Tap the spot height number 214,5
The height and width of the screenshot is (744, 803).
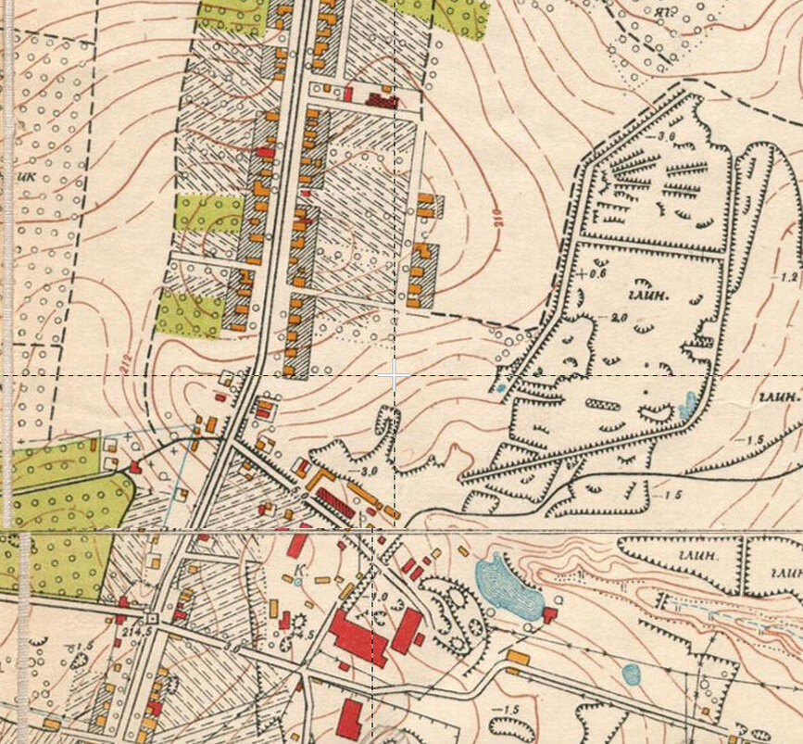pyautogui.click(x=137, y=629)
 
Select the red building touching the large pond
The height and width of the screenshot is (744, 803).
pyautogui.click(x=550, y=613)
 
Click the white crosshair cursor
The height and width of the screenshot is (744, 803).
pyautogui.click(x=395, y=374)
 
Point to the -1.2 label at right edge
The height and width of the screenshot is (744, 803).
pyautogui.click(x=787, y=277)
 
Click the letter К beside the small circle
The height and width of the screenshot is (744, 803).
pyautogui.click(x=298, y=568)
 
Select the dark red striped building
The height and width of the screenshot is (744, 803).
pyautogui.click(x=335, y=505)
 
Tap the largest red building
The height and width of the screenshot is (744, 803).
pyautogui.click(x=358, y=637)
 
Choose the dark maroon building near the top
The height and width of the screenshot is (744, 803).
pyautogui.click(x=381, y=98)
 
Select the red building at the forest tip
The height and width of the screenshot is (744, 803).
pyautogui.click(x=135, y=468)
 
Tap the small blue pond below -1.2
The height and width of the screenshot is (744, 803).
pyautogui.click(x=688, y=404)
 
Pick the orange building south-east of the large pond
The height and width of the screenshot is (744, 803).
pyautogui.click(x=517, y=658)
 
